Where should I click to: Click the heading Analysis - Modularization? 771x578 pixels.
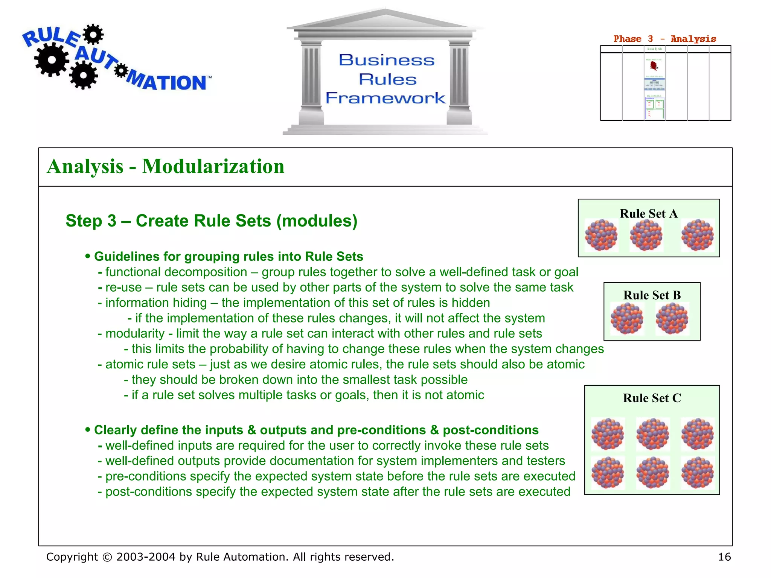(x=166, y=166)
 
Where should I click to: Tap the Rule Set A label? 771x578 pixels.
(x=649, y=214)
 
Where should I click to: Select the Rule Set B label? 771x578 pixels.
(x=652, y=295)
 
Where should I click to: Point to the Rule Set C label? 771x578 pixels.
(x=652, y=398)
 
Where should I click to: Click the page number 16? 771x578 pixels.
(x=724, y=557)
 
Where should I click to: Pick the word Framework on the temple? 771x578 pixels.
(x=385, y=98)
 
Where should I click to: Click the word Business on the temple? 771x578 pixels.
(x=387, y=60)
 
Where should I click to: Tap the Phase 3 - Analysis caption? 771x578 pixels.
(x=665, y=39)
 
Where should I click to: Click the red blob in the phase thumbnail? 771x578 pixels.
(x=654, y=66)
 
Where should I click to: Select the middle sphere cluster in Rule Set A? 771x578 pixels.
(x=646, y=236)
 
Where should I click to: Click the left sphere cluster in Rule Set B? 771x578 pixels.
(x=627, y=319)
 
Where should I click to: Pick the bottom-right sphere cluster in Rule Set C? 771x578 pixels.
(x=698, y=473)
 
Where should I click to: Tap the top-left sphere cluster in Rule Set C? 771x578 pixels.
(x=608, y=434)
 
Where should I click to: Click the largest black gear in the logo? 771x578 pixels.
(x=52, y=60)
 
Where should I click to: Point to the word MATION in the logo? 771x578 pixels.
(x=168, y=82)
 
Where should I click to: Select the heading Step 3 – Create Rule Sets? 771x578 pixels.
(x=211, y=221)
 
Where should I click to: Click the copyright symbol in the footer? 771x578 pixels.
(x=107, y=557)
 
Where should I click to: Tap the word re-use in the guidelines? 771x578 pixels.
(x=123, y=287)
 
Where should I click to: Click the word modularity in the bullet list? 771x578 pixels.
(x=135, y=333)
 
